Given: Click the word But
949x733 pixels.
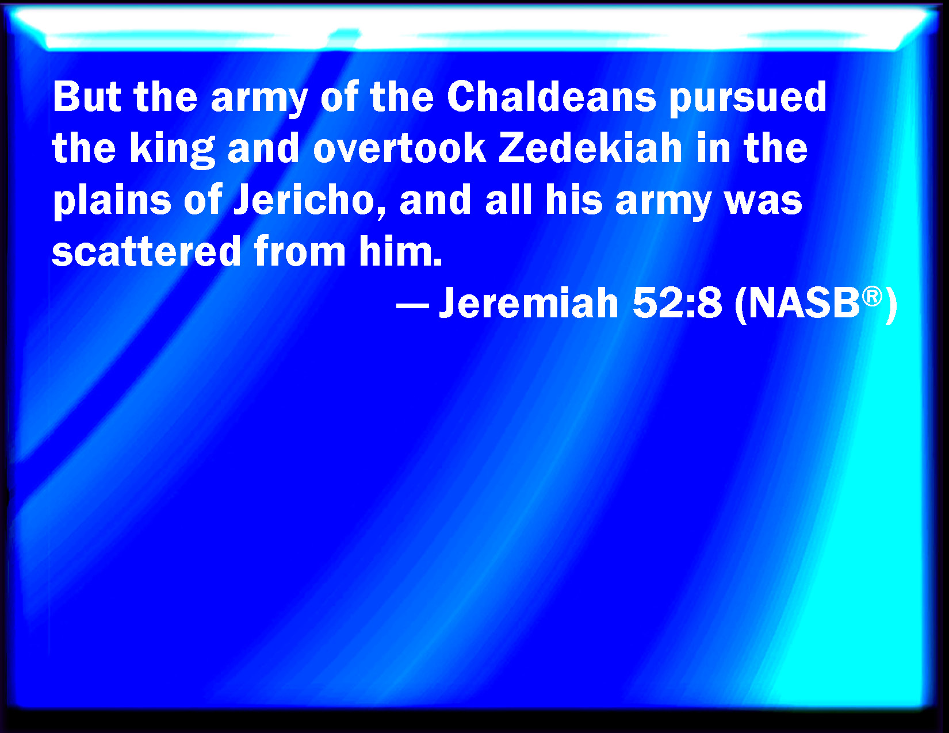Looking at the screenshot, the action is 87,97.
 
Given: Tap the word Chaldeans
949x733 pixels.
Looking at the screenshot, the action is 551,97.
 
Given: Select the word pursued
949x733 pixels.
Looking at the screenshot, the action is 748,100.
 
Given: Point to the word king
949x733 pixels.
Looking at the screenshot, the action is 173,151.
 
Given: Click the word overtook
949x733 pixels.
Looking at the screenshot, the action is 400,148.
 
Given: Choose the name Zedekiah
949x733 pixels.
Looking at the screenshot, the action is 591,148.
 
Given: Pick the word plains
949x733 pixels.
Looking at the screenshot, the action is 112,202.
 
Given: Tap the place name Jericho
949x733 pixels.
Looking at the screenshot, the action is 309,200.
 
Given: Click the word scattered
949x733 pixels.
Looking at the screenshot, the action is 146,251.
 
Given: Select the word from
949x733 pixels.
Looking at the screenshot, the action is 300,251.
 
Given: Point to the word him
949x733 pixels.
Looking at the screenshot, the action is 400,251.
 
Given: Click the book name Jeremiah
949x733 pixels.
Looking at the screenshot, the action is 529,303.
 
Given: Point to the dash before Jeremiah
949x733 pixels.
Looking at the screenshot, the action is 412,306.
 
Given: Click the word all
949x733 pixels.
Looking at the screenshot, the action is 509,200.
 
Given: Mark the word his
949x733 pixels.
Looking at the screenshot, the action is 574,200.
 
